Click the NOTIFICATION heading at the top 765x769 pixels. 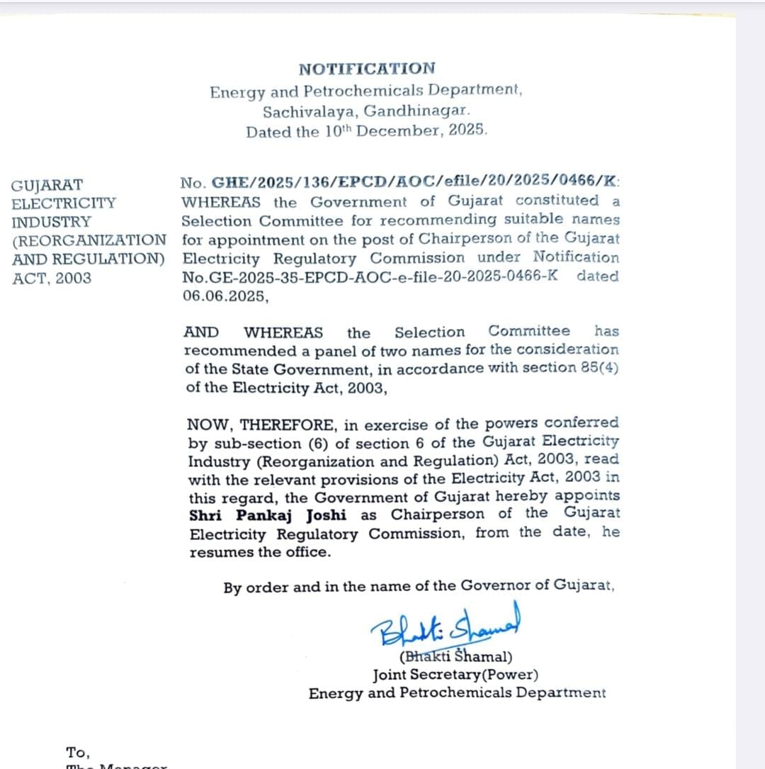pyautogui.click(x=367, y=69)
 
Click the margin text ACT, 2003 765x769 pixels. pyautogui.click(x=52, y=278)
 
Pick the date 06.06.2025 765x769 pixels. pyautogui.click(x=225, y=296)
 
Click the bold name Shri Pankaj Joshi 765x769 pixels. pyautogui.click(x=268, y=515)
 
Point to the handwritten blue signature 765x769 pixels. pyautogui.click(x=445, y=624)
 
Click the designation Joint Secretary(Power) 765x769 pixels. pyautogui.click(x=456, y=675)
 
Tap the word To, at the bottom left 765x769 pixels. pyautogui.click(x=78, y=752)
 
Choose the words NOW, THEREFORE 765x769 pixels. pyautogui.click(x=261, y=425)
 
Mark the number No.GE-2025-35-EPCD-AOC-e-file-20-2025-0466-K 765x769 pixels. pyautogui.click(x=370, y=276)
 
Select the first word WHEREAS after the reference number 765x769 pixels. pyautogui.click(x=221, y=202)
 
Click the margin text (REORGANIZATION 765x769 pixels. pyautogui.click(x=89, y=240)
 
